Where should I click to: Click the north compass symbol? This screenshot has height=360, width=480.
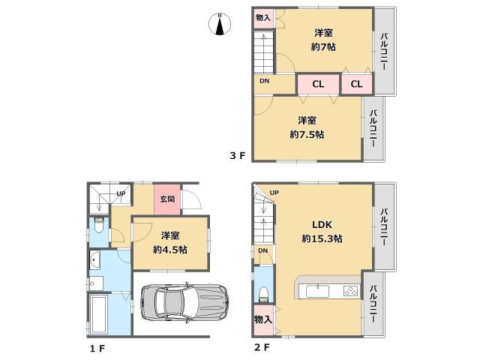click(220, 24)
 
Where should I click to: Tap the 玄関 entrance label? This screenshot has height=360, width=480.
click(166, 199)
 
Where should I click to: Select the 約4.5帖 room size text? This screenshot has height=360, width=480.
click(169, 249)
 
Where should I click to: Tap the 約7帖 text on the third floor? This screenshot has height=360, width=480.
click(324, 46)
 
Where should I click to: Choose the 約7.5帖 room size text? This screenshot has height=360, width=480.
click(307, 134)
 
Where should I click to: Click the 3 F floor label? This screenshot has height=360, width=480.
click(238, 156)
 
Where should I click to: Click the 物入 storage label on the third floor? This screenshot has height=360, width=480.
click(262, 17)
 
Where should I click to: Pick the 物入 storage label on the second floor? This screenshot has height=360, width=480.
click(262, 319)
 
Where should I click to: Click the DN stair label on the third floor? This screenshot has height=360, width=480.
click(264, 81)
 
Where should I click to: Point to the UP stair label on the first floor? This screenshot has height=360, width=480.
click(120, 193)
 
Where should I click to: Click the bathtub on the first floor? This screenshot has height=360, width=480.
click(98, 315)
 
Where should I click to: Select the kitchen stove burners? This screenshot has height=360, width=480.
click(350, 289)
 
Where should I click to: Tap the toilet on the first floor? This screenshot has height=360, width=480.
click(98, 224)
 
